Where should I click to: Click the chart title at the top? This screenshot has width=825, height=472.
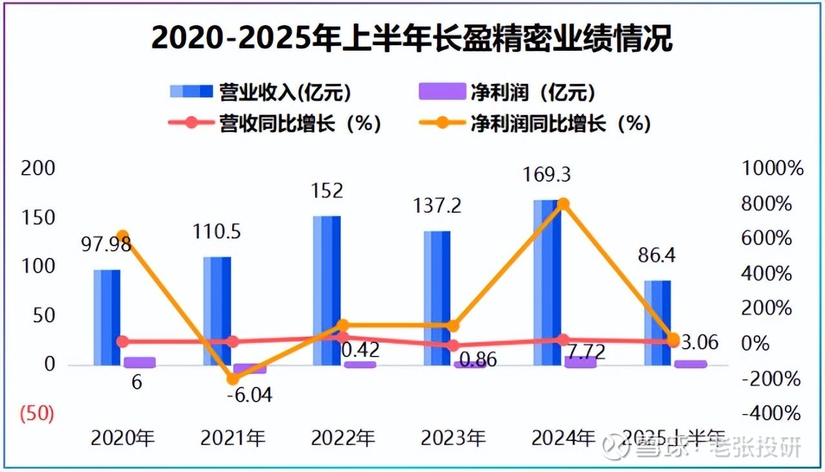412,39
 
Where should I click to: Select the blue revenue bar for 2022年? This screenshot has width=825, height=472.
327,290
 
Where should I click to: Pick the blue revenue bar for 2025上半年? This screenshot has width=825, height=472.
657,322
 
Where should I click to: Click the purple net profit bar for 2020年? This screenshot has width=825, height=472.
139,362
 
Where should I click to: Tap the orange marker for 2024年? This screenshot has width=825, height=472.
563,204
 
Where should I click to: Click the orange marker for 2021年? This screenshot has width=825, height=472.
233,379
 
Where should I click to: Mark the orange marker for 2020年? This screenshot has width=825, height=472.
123,236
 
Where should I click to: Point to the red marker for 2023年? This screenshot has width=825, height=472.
453,346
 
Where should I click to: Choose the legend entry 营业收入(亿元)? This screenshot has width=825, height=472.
261,92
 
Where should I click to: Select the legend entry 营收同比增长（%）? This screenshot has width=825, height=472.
274,123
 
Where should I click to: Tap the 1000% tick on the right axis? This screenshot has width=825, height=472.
773,169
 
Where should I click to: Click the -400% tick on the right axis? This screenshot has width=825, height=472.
772,413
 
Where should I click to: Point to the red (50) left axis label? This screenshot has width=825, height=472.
37,414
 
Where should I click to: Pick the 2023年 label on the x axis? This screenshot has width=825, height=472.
453,438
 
